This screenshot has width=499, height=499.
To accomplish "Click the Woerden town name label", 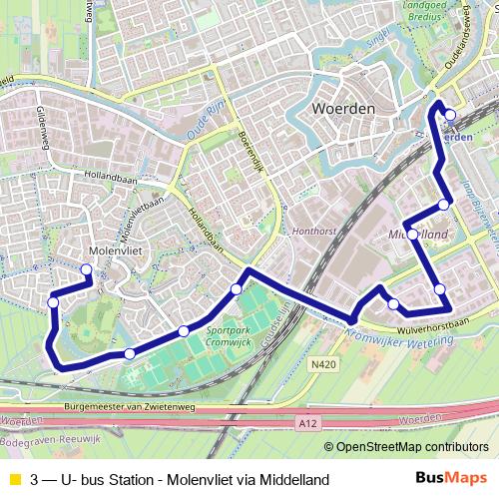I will click(342, 107).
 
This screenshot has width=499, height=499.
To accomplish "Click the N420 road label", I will click(321, 366).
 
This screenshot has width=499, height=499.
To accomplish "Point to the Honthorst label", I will click(311, 229).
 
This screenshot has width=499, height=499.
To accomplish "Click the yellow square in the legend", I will click(13, 480).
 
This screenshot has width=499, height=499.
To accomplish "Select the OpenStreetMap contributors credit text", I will click(411, 446).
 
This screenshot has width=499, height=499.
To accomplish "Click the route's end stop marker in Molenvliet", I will click(86, 269).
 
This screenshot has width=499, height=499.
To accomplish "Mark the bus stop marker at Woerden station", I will click(450, 115).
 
